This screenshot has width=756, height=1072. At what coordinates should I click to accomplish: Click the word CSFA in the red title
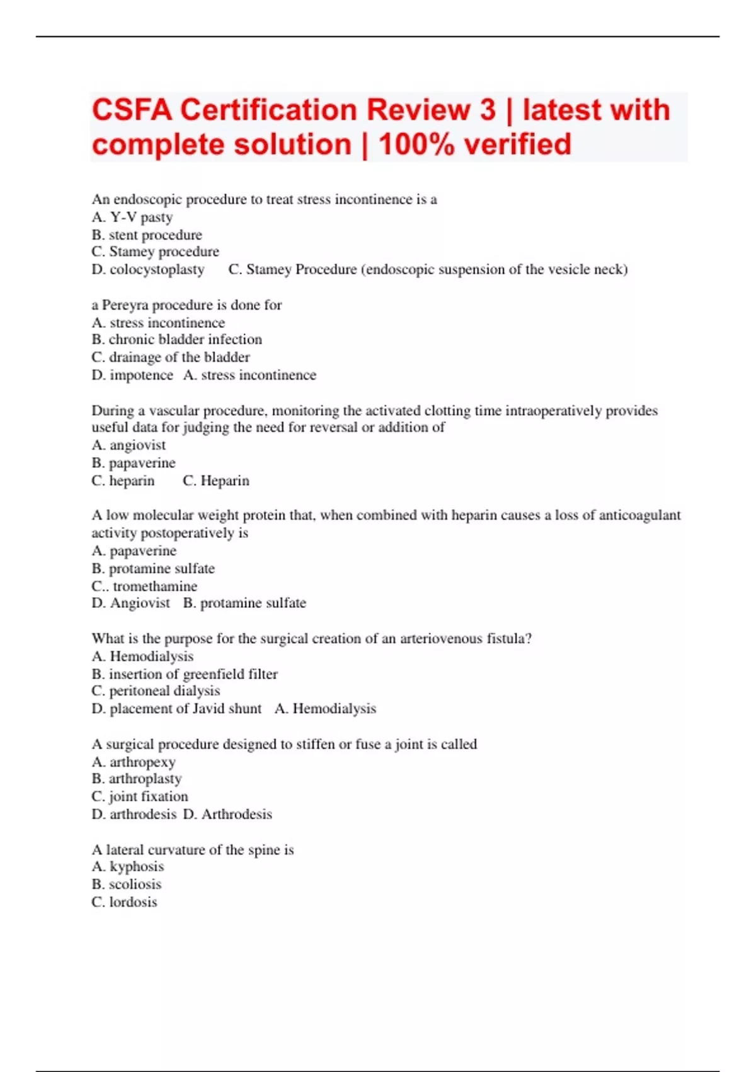pyautogui.click(x=132, y=110)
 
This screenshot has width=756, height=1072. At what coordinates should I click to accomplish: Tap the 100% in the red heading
pyautogui.click(x=416, y=145)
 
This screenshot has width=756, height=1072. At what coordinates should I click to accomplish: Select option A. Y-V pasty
pyautogui.click(x=132, y=217)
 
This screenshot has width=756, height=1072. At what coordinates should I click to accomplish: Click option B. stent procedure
pyautogui.click(x=147, y=235)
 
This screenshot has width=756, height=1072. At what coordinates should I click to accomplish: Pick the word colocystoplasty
pyautogui.click(x=157, y=269)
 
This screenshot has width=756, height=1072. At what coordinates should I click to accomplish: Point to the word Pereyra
pyautogui.click(x=125, y=305)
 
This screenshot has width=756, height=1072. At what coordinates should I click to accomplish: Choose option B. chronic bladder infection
pyautogui.click(x=176, y=339)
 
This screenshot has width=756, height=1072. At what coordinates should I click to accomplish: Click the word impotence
pyautogui.click(x=141, y=375)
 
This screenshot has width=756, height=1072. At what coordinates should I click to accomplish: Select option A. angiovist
pyautogui.click(x=129, y=445)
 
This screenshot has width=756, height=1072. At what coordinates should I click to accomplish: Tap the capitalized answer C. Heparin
pyautogui.click(x=216, y=481)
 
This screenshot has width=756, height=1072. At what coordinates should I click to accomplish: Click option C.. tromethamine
pyautogui.click(x=144, y=586)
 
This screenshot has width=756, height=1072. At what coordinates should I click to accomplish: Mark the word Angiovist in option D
pyautogui.click(x=140, y=603)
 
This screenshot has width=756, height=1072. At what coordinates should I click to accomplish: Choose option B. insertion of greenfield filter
pyautogui.click(x=185, y=673)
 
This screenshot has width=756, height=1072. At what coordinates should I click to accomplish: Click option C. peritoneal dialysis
pyautogui.click(x=156, y=691)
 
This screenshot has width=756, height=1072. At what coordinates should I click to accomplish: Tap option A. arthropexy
pyautogui.click(x=134, y=762)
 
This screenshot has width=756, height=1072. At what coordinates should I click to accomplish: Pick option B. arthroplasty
pyautogui.click(x=137, y=779)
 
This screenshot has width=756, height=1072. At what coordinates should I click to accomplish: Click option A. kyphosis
pyautogui.click(x=128, y=866)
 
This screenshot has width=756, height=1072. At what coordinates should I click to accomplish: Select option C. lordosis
pyautogui.click(x=124, y=902)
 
